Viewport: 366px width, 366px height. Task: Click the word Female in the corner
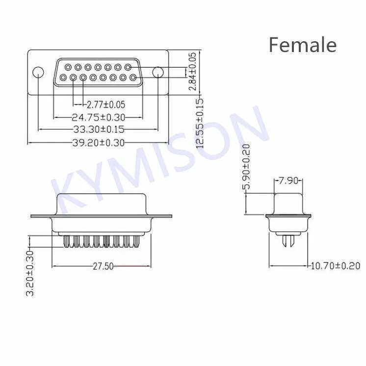(302, 45)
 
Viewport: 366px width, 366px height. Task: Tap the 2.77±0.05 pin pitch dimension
(105, 104)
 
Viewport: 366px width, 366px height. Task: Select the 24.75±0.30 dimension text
(99, 117)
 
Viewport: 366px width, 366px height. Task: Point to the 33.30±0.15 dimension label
(99, 129)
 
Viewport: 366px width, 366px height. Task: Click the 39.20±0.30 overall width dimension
(99, 142)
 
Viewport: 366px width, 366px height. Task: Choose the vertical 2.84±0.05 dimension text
(193, 71)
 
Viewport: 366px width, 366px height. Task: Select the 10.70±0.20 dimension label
(336, 266)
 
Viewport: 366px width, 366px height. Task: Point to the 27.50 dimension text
(103, 266)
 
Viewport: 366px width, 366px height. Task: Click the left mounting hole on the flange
(38, 73)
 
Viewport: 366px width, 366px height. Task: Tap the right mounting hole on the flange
(157, 73)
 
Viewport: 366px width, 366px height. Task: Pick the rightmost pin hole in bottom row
(133, 78)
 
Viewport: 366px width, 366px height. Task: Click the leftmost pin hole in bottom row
(63, 78)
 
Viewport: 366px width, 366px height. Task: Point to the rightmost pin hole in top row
(128, 67)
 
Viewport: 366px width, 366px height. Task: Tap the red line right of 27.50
(132, 266)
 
